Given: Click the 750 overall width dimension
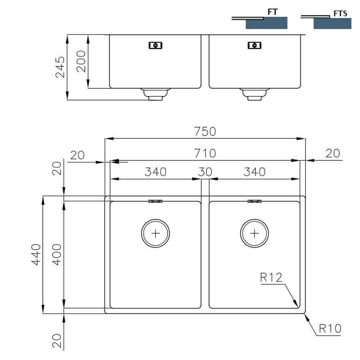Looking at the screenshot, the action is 205,132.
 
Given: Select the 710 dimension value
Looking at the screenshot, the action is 205,153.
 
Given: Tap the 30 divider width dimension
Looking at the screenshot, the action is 205,172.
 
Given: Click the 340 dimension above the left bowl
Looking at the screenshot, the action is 156,172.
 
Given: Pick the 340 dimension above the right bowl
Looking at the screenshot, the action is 254,172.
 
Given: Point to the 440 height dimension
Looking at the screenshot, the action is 36,255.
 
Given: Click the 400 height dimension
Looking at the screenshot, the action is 57,255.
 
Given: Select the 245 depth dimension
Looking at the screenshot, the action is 60,67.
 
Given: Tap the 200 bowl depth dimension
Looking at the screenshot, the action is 81,61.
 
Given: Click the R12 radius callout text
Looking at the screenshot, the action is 271,277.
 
